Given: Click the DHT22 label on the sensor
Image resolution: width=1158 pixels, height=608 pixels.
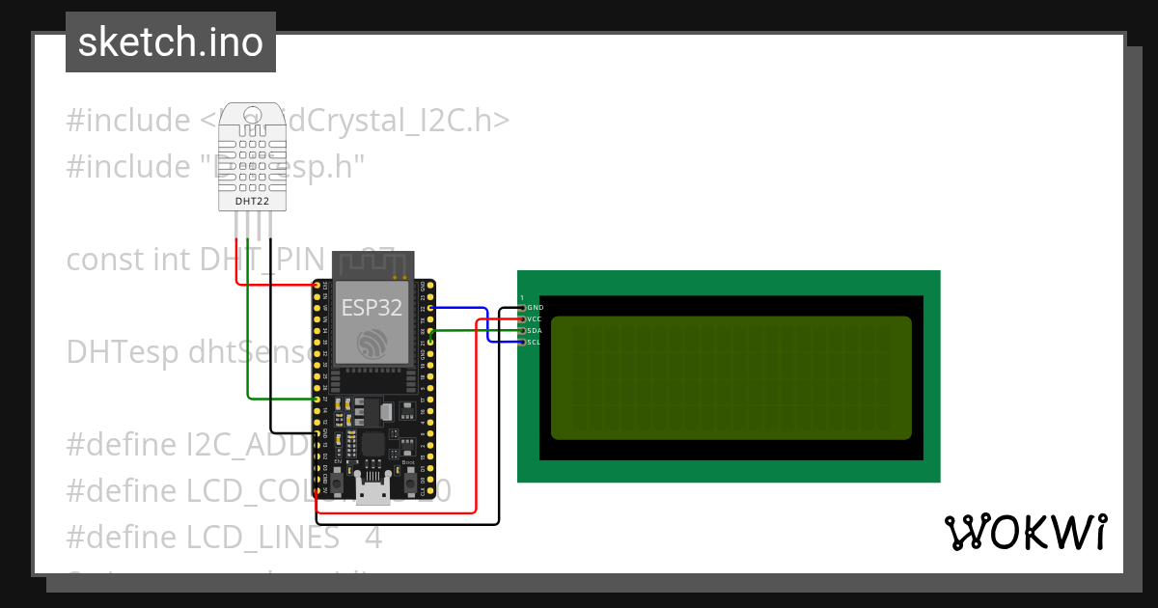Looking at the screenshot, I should click(253, 202).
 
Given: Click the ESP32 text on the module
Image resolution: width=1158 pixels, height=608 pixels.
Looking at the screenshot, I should click(372, 308).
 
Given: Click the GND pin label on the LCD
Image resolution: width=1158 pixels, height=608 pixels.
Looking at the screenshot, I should click(535, 307).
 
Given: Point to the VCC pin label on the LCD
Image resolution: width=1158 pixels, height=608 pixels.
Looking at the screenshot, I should click(535, 318).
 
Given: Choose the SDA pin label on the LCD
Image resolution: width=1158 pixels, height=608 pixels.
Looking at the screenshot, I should click(535, 330).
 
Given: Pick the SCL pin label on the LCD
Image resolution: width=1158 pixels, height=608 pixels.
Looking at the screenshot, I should click(535, 342).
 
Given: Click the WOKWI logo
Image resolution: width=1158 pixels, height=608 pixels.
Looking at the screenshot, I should click(1025, 532).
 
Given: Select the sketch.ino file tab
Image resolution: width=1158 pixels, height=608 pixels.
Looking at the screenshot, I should click(171, 42).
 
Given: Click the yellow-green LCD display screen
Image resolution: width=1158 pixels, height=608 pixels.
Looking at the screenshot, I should click(731, 377).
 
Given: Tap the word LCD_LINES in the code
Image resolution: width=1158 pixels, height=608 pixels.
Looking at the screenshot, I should click(262, 537).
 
